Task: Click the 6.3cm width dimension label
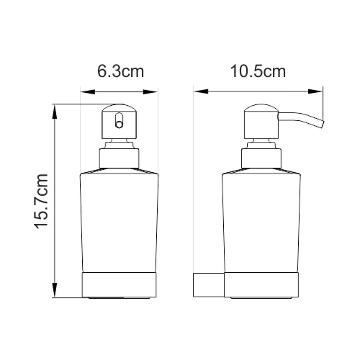(x=119, y=72)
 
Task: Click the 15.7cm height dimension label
(x=41, y=202)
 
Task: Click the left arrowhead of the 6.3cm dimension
(x=84, y=91)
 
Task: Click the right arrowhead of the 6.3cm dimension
(x=154, y=91)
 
